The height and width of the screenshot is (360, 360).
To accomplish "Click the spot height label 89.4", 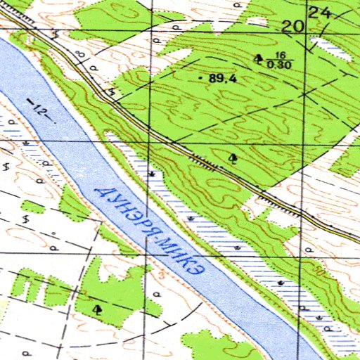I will coord(223,79).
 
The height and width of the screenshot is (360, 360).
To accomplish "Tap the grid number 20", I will coord(293,27).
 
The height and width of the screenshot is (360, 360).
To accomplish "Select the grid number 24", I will coord(320,13).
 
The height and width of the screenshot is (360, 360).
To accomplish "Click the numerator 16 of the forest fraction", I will coord(280,56).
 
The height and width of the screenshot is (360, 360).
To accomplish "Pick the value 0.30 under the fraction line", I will coord(278,65).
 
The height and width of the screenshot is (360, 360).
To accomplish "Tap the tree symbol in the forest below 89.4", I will coord(233,157).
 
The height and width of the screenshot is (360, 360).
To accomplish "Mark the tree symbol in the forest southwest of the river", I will coord(97,308).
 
